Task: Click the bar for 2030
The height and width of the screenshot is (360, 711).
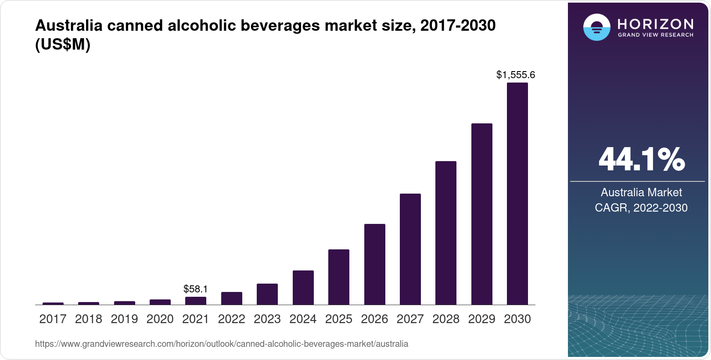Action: (517, 193)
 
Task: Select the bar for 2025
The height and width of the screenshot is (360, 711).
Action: (338, 277)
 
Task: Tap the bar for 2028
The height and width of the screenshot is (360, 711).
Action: (445, 233)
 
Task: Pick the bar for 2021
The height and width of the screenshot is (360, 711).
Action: (196, 301)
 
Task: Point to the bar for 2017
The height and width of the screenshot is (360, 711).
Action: (53, 303)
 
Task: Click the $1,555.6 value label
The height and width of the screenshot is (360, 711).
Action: (515, 75)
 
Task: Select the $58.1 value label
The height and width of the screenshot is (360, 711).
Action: (195, 289)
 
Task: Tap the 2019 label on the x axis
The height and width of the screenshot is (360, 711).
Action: (124, 319)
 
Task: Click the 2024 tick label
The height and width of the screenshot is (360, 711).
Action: (303, 319)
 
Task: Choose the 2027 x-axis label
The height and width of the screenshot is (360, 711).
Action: (410, 319)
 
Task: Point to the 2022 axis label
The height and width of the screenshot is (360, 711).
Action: (231, 319)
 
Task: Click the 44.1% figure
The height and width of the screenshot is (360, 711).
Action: (641, 159)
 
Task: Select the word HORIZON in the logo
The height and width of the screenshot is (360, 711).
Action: (655, 24)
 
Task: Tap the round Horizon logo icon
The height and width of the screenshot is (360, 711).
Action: (596, 28)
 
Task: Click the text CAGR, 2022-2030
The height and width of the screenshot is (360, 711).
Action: (641, 208)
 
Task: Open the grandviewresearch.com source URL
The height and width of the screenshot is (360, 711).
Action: (222, 344)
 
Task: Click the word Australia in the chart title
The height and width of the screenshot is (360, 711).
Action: (68, 26)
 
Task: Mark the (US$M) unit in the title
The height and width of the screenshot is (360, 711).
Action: (63, 45)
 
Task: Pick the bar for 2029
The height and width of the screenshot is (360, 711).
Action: (481, 214)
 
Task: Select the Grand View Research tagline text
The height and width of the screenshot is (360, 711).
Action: (655, 35)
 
